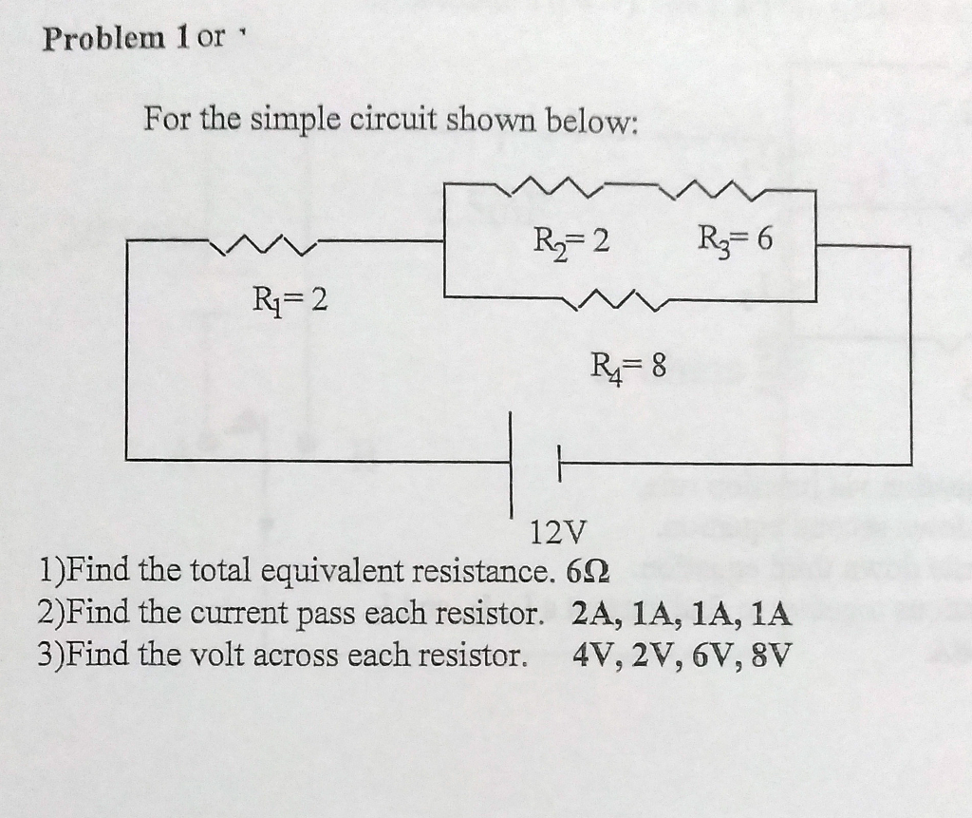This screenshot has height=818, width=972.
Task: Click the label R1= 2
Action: pyautogui.click(x=289, y=301)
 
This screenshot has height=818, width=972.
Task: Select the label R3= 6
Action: pyautogui.click(x=735, y=240)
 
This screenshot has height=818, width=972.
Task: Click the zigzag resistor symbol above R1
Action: pyautogui.click(x=262, y=248)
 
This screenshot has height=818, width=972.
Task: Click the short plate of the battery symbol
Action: pyautogui.click(x=560, y=464)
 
